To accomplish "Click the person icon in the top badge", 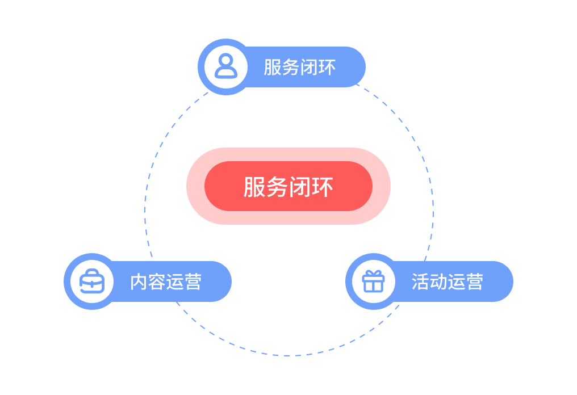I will click(x=226, y=66).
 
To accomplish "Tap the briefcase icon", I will click(x=91, y=281).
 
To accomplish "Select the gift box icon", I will click(x=374, y=281).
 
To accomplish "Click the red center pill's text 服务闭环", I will click(x=288, y=187).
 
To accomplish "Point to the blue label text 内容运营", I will click(x=166, y=281).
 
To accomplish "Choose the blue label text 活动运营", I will click(x=448, y=281).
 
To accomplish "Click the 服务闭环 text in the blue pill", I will click(x=300, y=68).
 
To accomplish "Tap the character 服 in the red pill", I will click(x=254, y=187).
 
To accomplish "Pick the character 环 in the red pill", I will click(x=323, y=187).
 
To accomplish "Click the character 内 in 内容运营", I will click(x=139, y=281).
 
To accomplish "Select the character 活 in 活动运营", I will click(x=421, y=281).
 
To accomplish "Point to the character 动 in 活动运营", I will click(x=438, y=281).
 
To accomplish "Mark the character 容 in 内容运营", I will click(x=157, y=281).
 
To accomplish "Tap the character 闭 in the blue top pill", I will click(x=309, y=68).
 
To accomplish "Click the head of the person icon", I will click(x=226, y=61).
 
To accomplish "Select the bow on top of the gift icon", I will click(x=374, y=274).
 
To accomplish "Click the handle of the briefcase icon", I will click(x=91, y=273).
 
